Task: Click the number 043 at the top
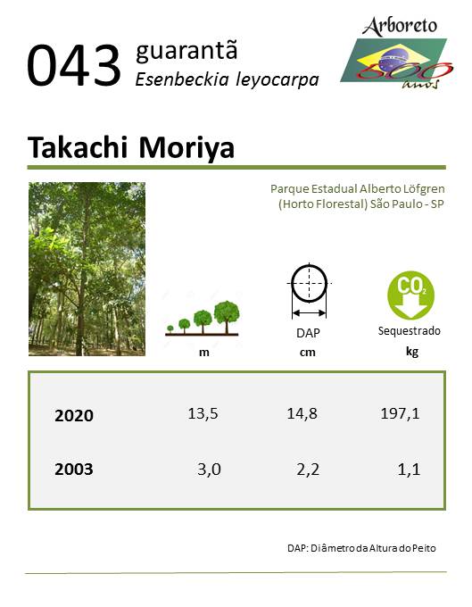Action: pos(74,65)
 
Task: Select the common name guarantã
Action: pos(186,51)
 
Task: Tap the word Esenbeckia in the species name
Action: pos(182,79)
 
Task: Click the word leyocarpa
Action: pos(277,80)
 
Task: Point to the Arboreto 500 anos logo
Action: pos(396,53)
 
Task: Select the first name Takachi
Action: pos(78,147)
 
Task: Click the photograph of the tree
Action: pos(87,269)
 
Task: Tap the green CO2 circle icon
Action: pos(410,295)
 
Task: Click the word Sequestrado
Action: pos(410,331)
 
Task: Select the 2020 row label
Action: pos(74,415)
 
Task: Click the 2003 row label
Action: pos(74,470)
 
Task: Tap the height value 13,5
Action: pos(203,414)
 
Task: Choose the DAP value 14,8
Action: pos(302,414)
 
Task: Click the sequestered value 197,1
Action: pos(400,414)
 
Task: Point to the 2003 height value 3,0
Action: pos(209,470)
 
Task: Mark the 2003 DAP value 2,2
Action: pos(308,470)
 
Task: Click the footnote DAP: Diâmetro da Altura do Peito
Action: pos(361,548)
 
